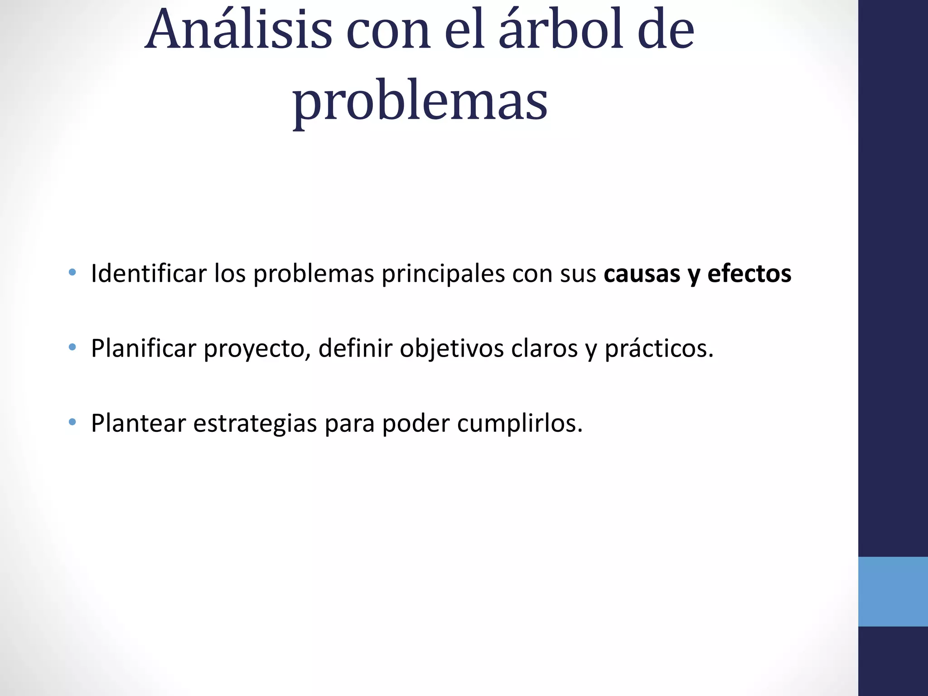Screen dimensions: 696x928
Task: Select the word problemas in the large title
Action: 420,102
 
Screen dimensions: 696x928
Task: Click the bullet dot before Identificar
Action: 72,273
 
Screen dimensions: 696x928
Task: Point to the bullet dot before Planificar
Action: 72,348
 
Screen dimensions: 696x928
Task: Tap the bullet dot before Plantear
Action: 72,422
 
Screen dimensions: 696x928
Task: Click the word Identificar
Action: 148,274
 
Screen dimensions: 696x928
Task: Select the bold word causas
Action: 642,274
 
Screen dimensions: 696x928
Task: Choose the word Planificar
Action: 144,348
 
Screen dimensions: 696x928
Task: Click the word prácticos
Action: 659,349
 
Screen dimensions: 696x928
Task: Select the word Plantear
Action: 138,423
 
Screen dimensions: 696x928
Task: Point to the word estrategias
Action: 255,424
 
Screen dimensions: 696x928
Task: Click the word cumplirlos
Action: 519,424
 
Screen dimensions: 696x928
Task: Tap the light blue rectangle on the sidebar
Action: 893,591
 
